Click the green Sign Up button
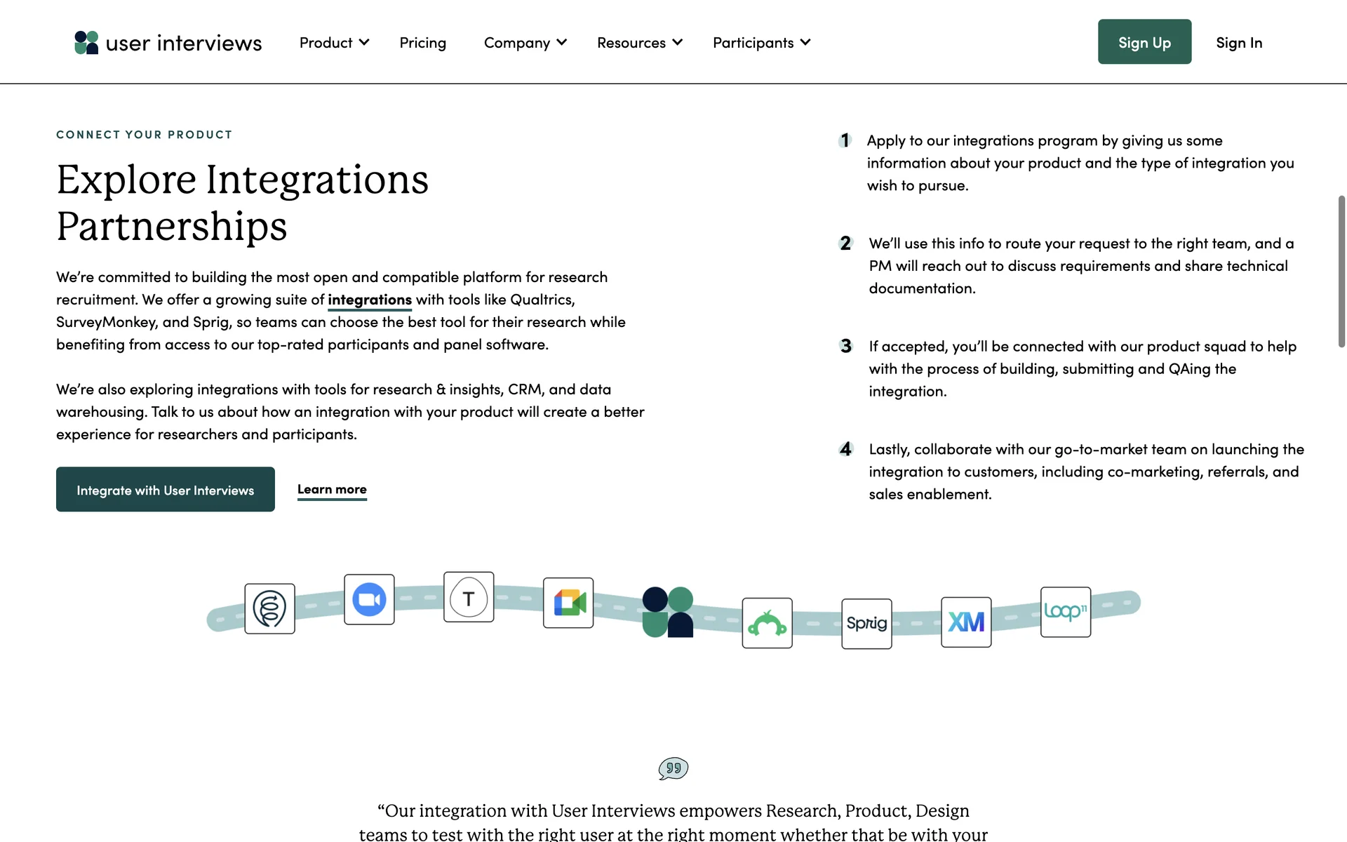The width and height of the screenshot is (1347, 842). tap(1144, 42)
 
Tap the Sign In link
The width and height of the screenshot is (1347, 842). tap(1239, 43)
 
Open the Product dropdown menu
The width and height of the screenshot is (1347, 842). tap(334, 43)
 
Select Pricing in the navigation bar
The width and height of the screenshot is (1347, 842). tap(422, 43)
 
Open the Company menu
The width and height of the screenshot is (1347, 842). tap(525, 43)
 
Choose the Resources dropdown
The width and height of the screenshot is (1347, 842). tap(639, 43)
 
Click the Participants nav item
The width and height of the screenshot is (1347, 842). tap(761, 43)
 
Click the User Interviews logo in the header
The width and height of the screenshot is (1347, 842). tap(168, 43)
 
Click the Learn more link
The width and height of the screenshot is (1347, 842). tap(332, 489)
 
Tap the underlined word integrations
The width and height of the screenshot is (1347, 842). tap(370, 300)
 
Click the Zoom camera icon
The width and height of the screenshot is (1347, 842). tap(369, 599)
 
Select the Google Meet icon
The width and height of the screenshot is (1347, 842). tap(568, 603)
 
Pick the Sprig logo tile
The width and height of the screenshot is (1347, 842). tap(866, 623)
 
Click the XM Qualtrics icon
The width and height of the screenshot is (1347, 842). tap(966, 622)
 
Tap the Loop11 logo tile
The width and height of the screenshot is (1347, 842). tap(1065, 612)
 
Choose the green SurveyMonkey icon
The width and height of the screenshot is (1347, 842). tap(767, 623)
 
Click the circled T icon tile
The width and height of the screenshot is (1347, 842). tap(469, 597)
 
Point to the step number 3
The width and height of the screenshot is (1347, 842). tap(846, 346)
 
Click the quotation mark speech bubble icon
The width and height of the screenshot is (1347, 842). tap(673, 768)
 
